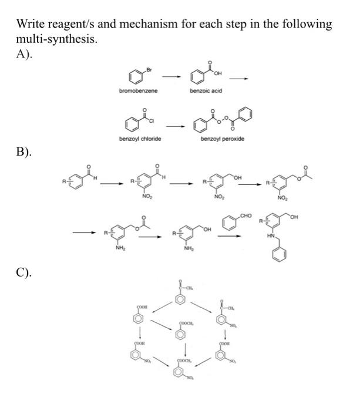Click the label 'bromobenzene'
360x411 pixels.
click(x=135, y=92)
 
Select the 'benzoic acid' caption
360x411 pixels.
click(x=204, y=92)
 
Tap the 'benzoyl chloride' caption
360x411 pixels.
click(x=138, y=139)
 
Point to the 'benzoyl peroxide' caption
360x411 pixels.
click(x=221, y=139)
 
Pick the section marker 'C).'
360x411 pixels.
click(x=25, y=272)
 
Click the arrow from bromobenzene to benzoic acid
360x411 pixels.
click(x=171, y=76)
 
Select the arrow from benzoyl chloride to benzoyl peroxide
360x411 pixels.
click(x=174, y=125)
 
